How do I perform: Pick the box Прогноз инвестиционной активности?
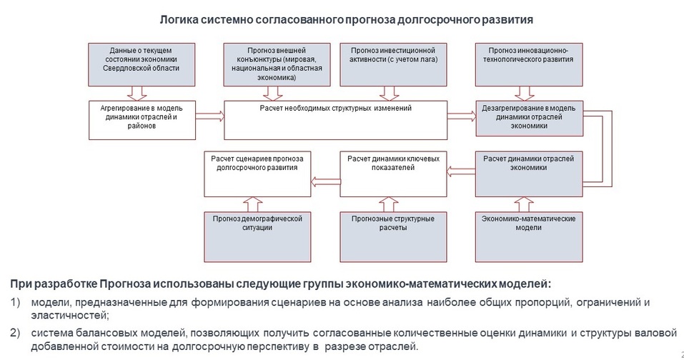(394, 64)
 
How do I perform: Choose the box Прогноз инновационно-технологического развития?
(530, 64)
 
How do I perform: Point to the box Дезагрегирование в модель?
(530, 119)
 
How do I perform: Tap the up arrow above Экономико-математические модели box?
(529, 202)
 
